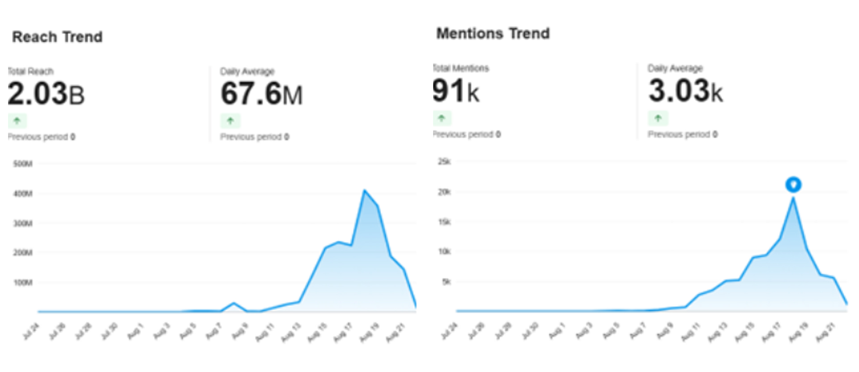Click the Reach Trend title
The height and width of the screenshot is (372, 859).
point(57,37)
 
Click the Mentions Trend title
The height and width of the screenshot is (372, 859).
point(493,33)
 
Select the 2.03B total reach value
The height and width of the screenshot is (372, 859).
point(46,94)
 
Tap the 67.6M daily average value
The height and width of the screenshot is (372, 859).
point(262,94)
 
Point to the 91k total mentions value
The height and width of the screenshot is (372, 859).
point(455,91)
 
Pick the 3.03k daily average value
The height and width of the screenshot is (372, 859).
point(685,91)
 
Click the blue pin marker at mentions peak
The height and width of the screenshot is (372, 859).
point(793,185)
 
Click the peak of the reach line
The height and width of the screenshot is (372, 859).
point(365,191)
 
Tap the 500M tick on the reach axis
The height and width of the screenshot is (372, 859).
point(23,164)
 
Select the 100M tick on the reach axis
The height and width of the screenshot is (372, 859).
point(23,282)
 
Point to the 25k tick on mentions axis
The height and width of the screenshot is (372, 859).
point(444,161)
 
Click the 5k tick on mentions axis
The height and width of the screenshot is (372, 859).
point(446,282)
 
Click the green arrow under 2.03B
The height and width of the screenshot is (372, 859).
point(17,121)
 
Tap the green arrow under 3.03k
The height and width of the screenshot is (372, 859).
point(658,118)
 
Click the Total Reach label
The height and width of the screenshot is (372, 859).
point(30,71)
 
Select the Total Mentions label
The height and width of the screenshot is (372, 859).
point(461,68)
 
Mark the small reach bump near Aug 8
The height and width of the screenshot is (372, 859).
point(233,304)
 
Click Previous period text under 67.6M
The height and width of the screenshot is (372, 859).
point(254,137)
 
